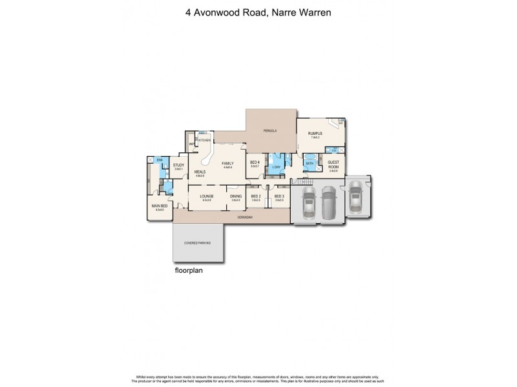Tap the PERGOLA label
(x=270, y=131)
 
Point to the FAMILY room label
(x=227, y=164)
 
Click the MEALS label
(x=200, y=172)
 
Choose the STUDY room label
(x=178, y=166)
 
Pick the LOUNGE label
(x=206, y=196)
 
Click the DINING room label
(x=236, y=196)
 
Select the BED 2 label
(x=255, y=196)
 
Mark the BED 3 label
(x=279, y=196)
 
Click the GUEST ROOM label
(x=333, y=164)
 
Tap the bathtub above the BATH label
(x=310, y=157)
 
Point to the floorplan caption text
(x=189, y=271)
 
